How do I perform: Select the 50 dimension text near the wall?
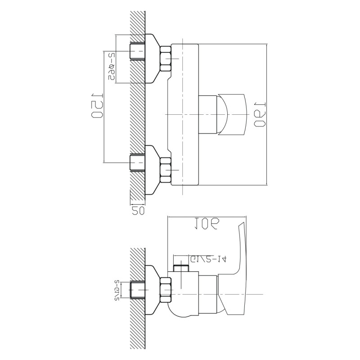tap(137, 209)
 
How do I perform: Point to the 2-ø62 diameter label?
tap(111, 67)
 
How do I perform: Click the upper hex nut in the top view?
tap(166, 60)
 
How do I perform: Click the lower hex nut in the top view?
tap(166, 171)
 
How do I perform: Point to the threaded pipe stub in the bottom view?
tap(137, 291)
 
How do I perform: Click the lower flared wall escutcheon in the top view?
tap(153, 171)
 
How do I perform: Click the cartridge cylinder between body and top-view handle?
tap(208, 115)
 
